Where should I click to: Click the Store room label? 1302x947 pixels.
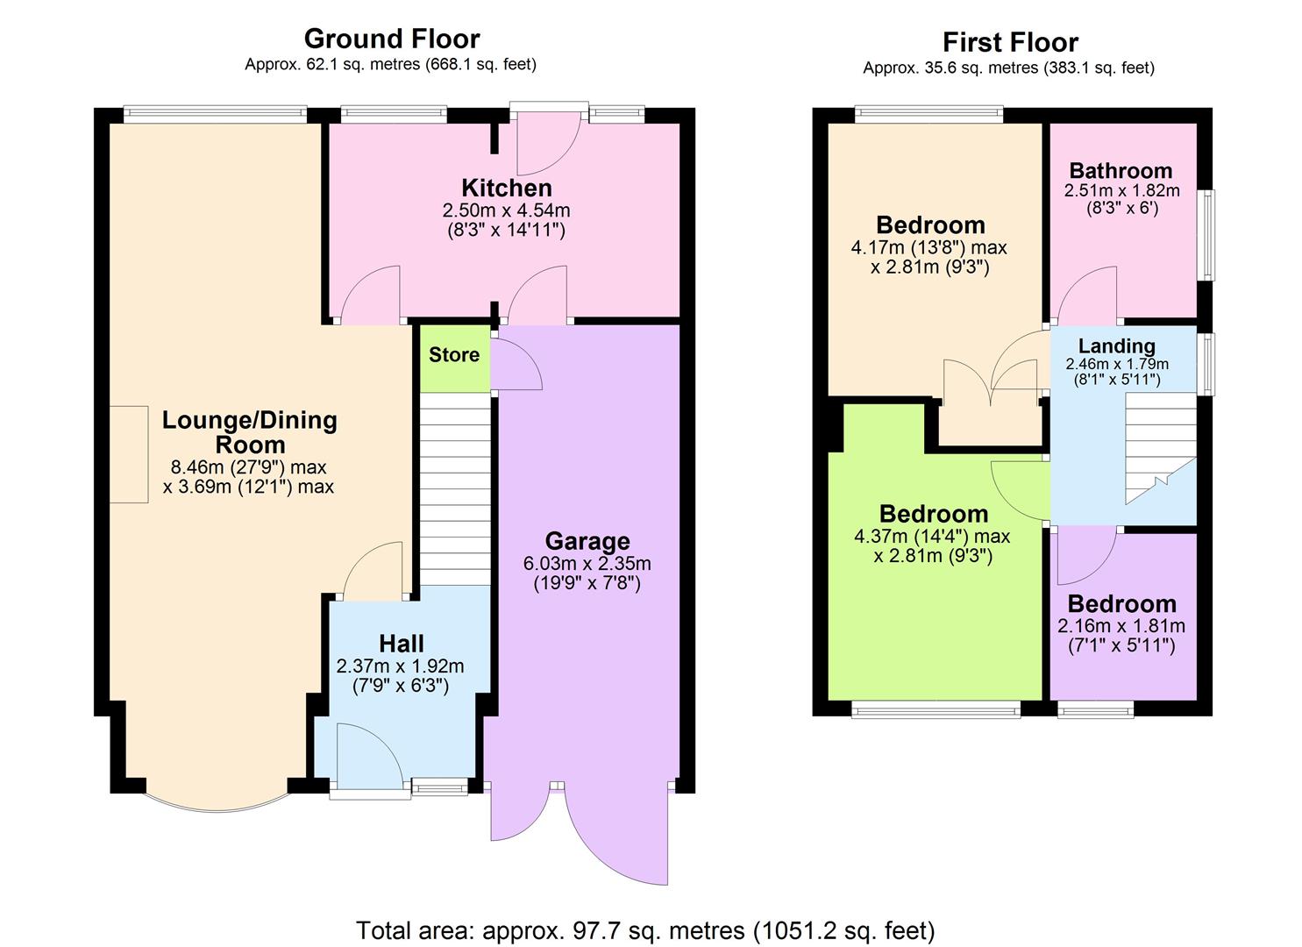(454, 355)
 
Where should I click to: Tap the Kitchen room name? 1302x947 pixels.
(507, 188)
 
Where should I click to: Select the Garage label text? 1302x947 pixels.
(587, 541)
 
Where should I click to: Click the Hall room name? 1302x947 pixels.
(402, 644)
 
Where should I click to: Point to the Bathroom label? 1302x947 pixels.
(1121, 170)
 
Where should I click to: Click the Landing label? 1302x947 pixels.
(1116, 345)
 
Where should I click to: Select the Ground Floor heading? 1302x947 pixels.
(391, 39)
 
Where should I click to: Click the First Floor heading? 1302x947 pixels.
(1010, 42)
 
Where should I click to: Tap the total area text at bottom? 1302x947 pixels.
(645, 929)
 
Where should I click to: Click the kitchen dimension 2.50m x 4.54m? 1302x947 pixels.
(507, 210)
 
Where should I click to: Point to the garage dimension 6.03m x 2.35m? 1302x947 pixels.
(587, 564)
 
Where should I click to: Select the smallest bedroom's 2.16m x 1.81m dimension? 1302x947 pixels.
(1121, 626)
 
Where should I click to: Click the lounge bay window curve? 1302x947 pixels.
(216, 802)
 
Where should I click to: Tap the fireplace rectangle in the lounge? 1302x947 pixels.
(129, 454)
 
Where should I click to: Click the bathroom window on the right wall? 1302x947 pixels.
(1208, 235)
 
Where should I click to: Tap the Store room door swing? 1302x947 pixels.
(515, 367)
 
